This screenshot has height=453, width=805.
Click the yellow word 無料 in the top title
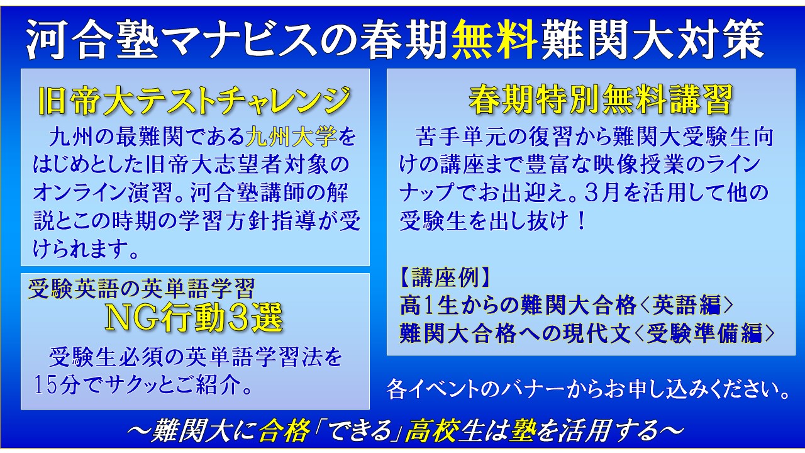click(x=494, y=40)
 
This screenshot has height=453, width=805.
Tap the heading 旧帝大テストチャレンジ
click(x=195, y=100)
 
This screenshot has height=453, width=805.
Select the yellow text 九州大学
click(x=291, y=137)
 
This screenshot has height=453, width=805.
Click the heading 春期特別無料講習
click(x=600, y=99)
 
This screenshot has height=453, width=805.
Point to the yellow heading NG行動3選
click(x=194, y=318)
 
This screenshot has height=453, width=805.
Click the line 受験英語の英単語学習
click(x=142, y=288)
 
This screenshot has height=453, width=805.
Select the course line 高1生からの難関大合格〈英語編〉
click(x=567, y=306)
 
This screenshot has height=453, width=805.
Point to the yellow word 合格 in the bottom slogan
click(x=284, y=430)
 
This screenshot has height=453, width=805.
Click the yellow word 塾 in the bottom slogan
click(x=525, y=430)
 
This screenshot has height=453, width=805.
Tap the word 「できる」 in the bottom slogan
click(x=357, y=430)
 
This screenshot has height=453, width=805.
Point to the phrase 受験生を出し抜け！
click(x=492, y=220)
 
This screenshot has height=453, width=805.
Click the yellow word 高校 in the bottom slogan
click(x=431, y=430)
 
